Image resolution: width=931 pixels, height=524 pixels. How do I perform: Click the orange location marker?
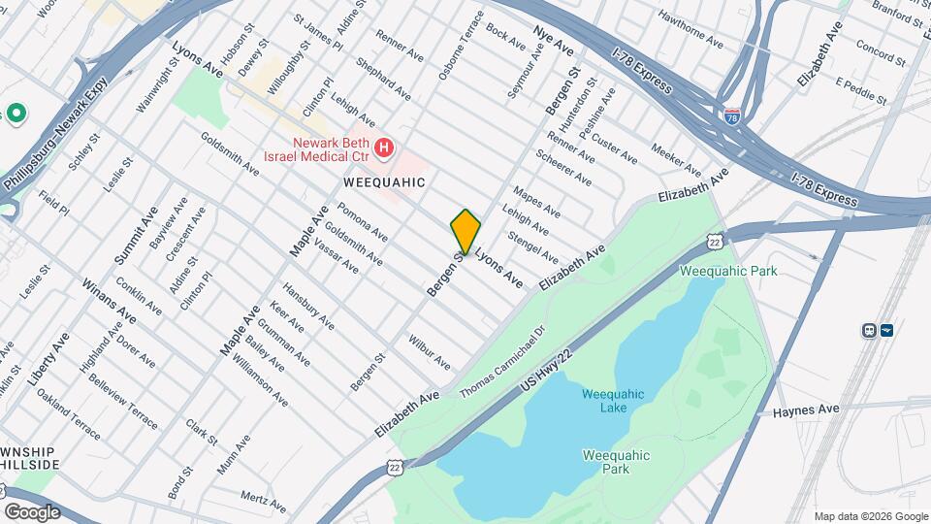[x=465, y=231]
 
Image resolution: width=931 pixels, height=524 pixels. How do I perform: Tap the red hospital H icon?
[x=385, y=148]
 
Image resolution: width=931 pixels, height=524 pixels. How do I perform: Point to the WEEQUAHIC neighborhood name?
[x=385, y=181]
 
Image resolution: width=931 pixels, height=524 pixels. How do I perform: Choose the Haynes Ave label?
[x=805, y=410]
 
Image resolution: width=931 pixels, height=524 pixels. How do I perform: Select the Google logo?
[x=32, y=511]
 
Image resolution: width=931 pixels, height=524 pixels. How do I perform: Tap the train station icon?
[x=869, y=330]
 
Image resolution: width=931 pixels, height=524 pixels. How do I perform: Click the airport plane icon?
[x=886, y=330]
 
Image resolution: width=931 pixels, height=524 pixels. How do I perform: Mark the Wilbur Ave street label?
[x=429, y=354]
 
